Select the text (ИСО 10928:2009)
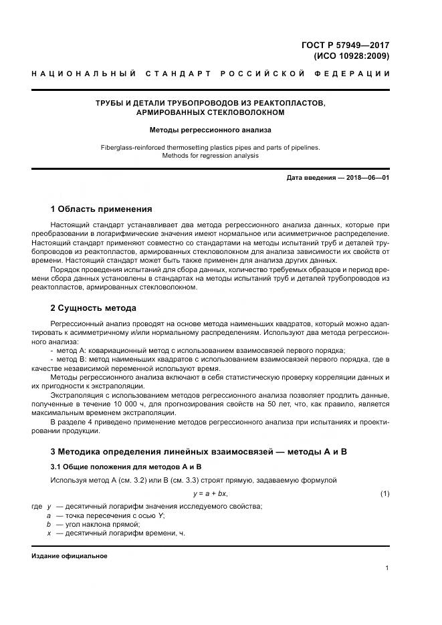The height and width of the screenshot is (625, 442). click(351, 56)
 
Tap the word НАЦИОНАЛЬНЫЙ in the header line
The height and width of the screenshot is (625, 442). click(84, 74)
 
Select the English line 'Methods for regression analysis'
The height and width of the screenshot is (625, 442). click(210, 155)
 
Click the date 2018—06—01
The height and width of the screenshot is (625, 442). click(366, 178)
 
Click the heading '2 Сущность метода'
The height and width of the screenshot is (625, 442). click(94, 308)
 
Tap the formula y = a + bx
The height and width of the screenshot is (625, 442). click(210, 493)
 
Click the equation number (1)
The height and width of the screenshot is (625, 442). click(384, 493)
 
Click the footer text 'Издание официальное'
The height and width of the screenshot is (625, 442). click(69, 555)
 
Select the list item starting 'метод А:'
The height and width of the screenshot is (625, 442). click(201, 350)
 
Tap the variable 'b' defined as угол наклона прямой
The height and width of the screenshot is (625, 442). click(49, 525)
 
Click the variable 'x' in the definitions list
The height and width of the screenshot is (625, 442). click(49, 533)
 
